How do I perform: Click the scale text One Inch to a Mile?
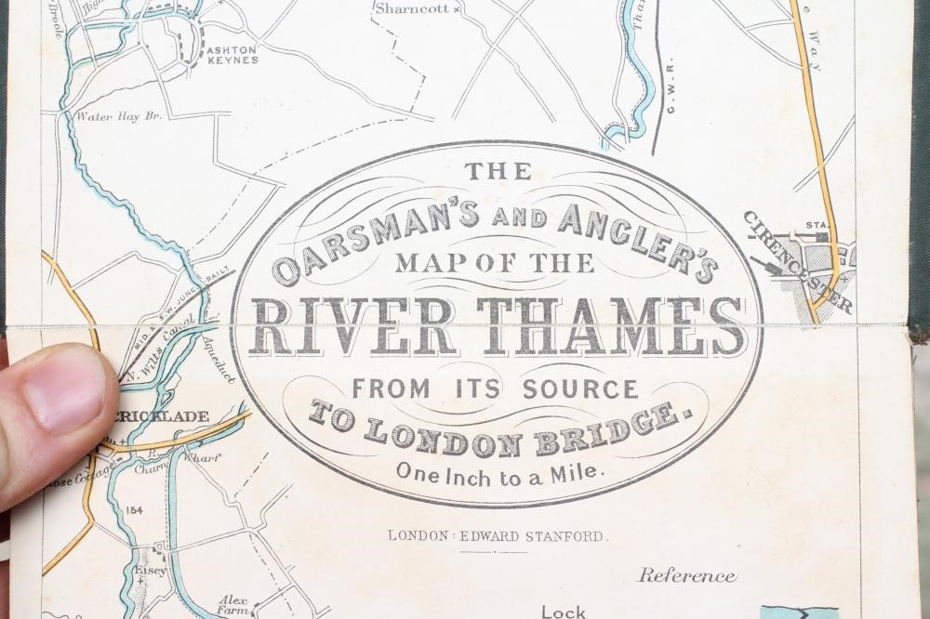point(500,470)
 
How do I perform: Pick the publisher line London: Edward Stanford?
point(498,535)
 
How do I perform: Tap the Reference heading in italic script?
point(686,576)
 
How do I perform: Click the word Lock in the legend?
point(564,611)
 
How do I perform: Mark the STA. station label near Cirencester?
point(816,225)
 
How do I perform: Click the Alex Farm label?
point(232,605)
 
